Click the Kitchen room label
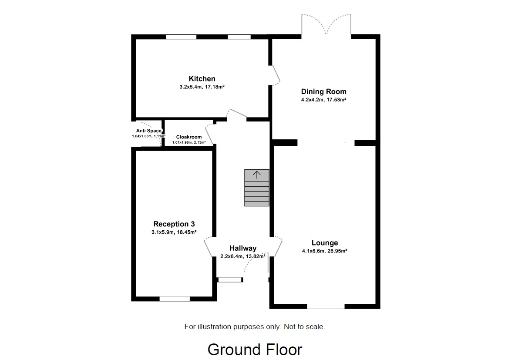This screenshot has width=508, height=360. [202, 79]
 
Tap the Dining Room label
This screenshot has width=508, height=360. [323, 91]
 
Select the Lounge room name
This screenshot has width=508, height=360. [324, 243]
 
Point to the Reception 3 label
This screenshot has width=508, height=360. [174, 224]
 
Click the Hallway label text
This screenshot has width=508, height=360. [243, 248]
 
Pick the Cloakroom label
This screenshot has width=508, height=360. [188, 137]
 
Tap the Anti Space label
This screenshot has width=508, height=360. [148, 131]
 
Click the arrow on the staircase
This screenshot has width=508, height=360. [257, 175]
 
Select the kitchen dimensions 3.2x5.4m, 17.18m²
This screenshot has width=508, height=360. [202, 87]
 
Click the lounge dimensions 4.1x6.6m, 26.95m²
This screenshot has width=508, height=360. [324, 251]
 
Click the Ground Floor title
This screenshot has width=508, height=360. [255, 350]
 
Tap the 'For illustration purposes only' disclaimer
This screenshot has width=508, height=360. [255, 326]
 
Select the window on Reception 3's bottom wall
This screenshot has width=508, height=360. [174, 299]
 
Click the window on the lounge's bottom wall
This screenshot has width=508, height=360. [326, 306]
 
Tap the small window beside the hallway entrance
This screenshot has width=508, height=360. [229, 279]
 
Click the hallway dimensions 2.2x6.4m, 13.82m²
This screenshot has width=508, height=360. [243, 256]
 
